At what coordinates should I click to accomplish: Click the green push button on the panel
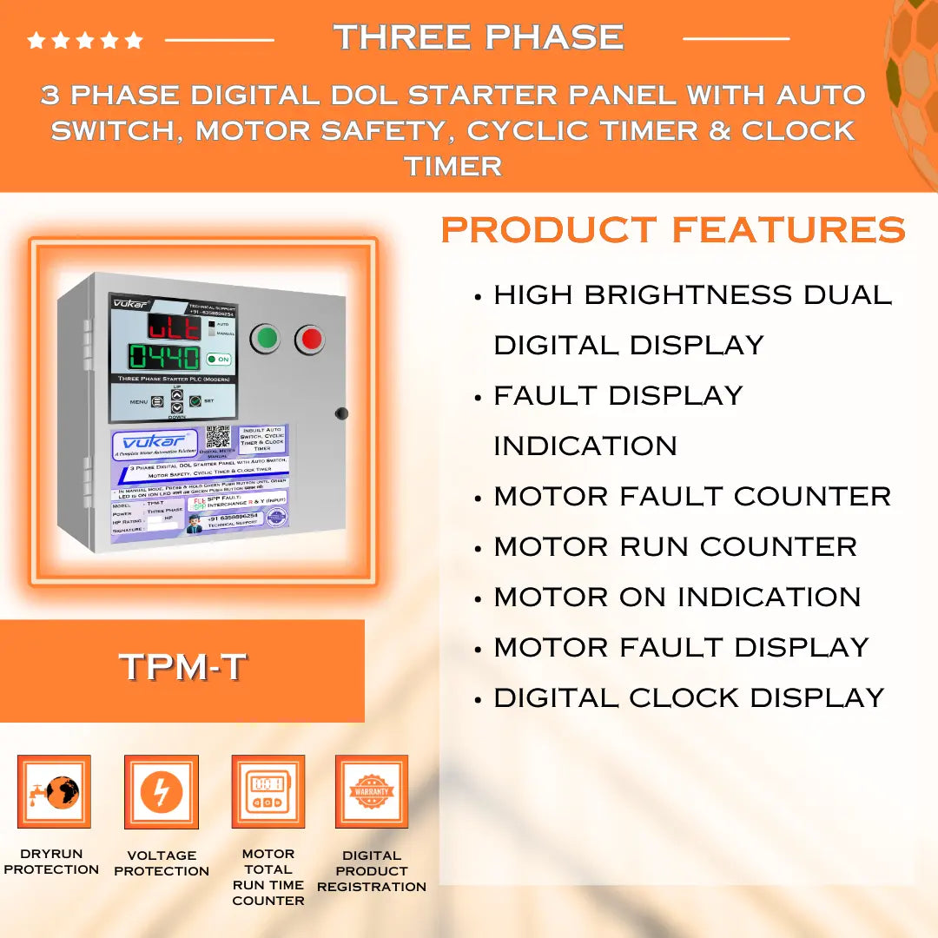click(266, 339)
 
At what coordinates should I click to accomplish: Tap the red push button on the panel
click(309, 339)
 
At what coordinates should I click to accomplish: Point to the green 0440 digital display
click(164, 357)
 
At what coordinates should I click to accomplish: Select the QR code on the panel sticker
click(218, 436)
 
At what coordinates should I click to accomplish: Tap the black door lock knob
click(341, 413)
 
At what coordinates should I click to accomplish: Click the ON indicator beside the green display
click(218, 359)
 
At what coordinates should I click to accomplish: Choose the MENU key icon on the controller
click(157, 402)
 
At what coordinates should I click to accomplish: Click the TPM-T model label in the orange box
click(182, 667)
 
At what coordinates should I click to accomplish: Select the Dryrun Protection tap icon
click(54, 791)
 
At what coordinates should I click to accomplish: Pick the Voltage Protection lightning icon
click(162, 791)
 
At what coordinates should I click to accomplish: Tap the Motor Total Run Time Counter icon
click(268, 791)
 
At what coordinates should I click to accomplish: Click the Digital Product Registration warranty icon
click(372, 791)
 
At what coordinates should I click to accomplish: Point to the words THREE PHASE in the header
click(479, 36)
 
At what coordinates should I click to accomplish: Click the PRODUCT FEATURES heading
click(673, 230)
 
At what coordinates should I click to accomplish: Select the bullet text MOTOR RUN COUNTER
click(675, 546)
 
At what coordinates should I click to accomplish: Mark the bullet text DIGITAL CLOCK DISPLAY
click(689, 697)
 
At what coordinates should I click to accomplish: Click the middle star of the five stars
click(85, 40)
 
